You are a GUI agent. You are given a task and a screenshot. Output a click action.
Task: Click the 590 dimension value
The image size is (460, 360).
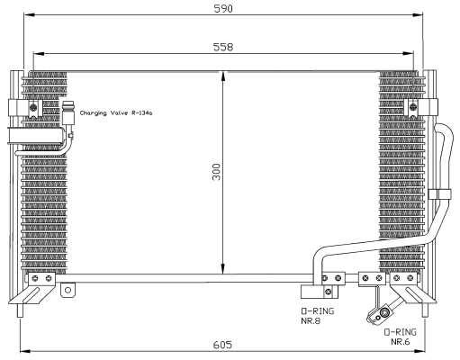pos(223,9)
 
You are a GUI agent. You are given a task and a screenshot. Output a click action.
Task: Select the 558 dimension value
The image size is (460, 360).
pos(223,47)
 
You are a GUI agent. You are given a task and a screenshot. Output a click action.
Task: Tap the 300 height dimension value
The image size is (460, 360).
pos(216,172)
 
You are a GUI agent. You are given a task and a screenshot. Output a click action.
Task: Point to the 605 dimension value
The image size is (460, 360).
pos(222,345)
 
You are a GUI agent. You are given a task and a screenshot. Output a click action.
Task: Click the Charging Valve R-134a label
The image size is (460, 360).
pos(116,113)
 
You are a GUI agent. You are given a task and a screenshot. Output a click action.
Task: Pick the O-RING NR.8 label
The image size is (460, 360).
pos(317,316)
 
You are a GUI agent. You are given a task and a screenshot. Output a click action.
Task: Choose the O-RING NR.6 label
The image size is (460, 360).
pos(401,337)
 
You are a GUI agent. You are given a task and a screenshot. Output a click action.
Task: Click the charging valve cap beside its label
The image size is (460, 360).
pos(68,113)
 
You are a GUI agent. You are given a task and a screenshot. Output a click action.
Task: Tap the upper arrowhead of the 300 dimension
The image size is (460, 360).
pos(222,76)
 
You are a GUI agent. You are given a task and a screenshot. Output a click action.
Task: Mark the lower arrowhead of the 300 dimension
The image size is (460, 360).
pos(222,268)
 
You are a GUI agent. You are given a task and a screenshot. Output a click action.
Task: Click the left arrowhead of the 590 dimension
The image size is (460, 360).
pos(30,15)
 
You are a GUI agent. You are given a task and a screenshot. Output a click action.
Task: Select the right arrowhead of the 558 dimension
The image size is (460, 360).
pos(408,54)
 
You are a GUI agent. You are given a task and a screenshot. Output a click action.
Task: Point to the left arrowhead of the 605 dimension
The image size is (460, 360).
pos(25,351)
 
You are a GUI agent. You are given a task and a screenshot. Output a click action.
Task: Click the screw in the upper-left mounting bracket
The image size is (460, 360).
pos(33,106)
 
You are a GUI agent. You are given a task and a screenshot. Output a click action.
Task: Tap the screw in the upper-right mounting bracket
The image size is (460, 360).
pos(413,106)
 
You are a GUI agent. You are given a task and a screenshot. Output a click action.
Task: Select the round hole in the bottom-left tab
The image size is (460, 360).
pos(68,290)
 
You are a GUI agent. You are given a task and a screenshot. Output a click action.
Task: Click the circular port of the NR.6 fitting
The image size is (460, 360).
pos(383,312)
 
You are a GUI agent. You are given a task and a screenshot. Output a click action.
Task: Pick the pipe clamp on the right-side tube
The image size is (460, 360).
pos(439,194)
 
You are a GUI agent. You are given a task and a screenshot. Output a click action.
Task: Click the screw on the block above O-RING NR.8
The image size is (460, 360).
pos(329,291)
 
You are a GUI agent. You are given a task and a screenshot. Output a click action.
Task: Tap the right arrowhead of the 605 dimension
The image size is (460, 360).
pos(419,351)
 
